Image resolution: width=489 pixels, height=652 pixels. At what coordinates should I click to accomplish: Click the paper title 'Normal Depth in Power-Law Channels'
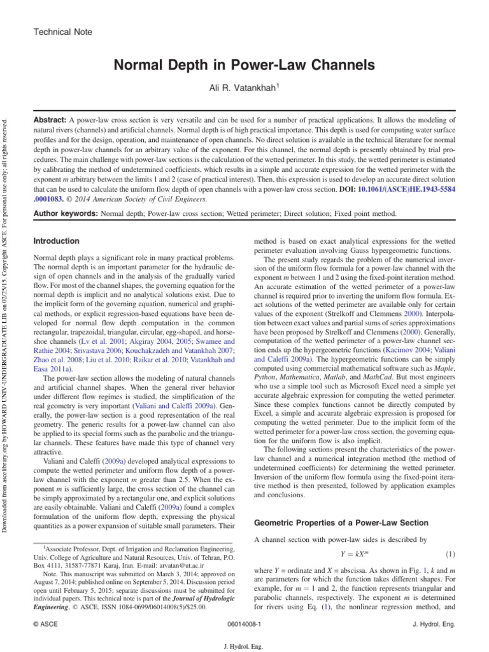(x=244, y=66)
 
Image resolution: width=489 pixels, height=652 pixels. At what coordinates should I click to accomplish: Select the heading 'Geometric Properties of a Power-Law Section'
(x=341, y=523)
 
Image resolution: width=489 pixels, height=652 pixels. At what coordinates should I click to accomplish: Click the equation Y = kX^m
(x=353, y=555)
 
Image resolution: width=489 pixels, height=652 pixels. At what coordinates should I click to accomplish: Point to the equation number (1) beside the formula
(x=450, y=555)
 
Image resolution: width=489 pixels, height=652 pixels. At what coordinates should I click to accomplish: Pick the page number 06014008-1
(x=244, y=626)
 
